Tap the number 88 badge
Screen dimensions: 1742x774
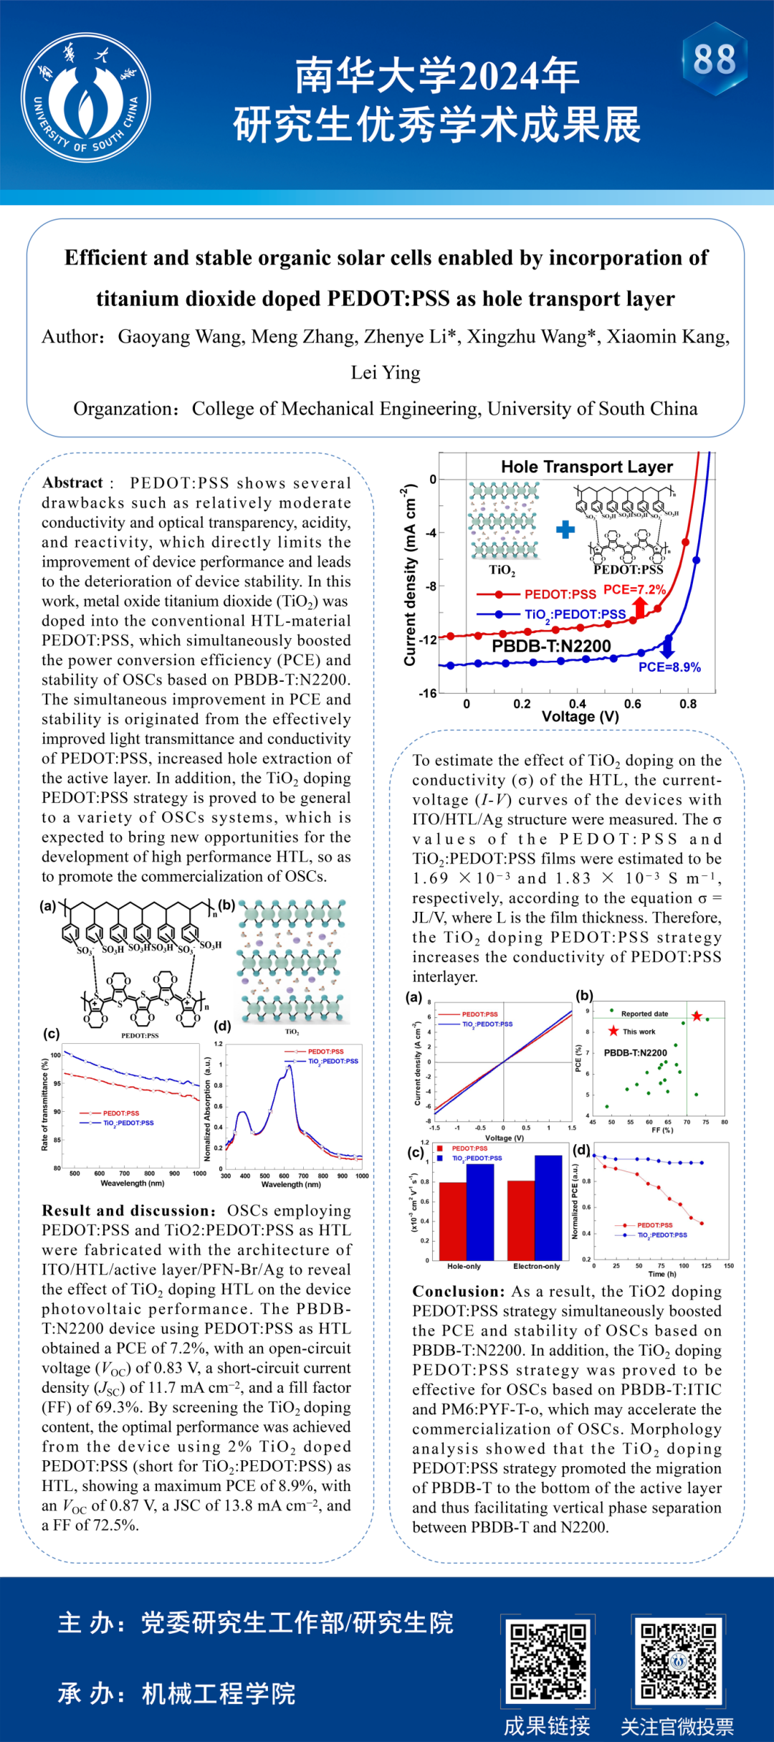[x=715, y=60]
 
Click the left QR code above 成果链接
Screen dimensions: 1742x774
[x=548, y=1660]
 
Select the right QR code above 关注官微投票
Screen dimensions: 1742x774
[x=678, y=1660]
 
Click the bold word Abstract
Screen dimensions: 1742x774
[x=72, y=482]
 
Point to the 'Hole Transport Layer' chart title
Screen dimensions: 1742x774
[x=587, y=467]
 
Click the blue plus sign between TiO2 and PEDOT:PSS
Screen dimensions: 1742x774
[x=565, y=530]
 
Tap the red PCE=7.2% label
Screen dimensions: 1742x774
[x=634, y=589]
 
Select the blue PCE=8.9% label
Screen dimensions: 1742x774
[x=669, y=667]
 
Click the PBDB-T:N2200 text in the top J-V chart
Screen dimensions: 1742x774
[x=551, y=646]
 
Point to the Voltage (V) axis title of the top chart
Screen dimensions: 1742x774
[x=580, y=716]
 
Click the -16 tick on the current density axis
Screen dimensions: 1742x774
[x=428, y=693]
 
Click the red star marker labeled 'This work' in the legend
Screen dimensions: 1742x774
[x=613, y=1031]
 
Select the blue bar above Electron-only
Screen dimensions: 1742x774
[x=548, y=1207]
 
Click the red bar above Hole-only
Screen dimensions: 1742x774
[x=452, y=1221]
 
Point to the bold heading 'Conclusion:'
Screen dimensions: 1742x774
[x=459, y=1291]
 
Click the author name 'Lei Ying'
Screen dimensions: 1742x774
[x=386, y=373]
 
